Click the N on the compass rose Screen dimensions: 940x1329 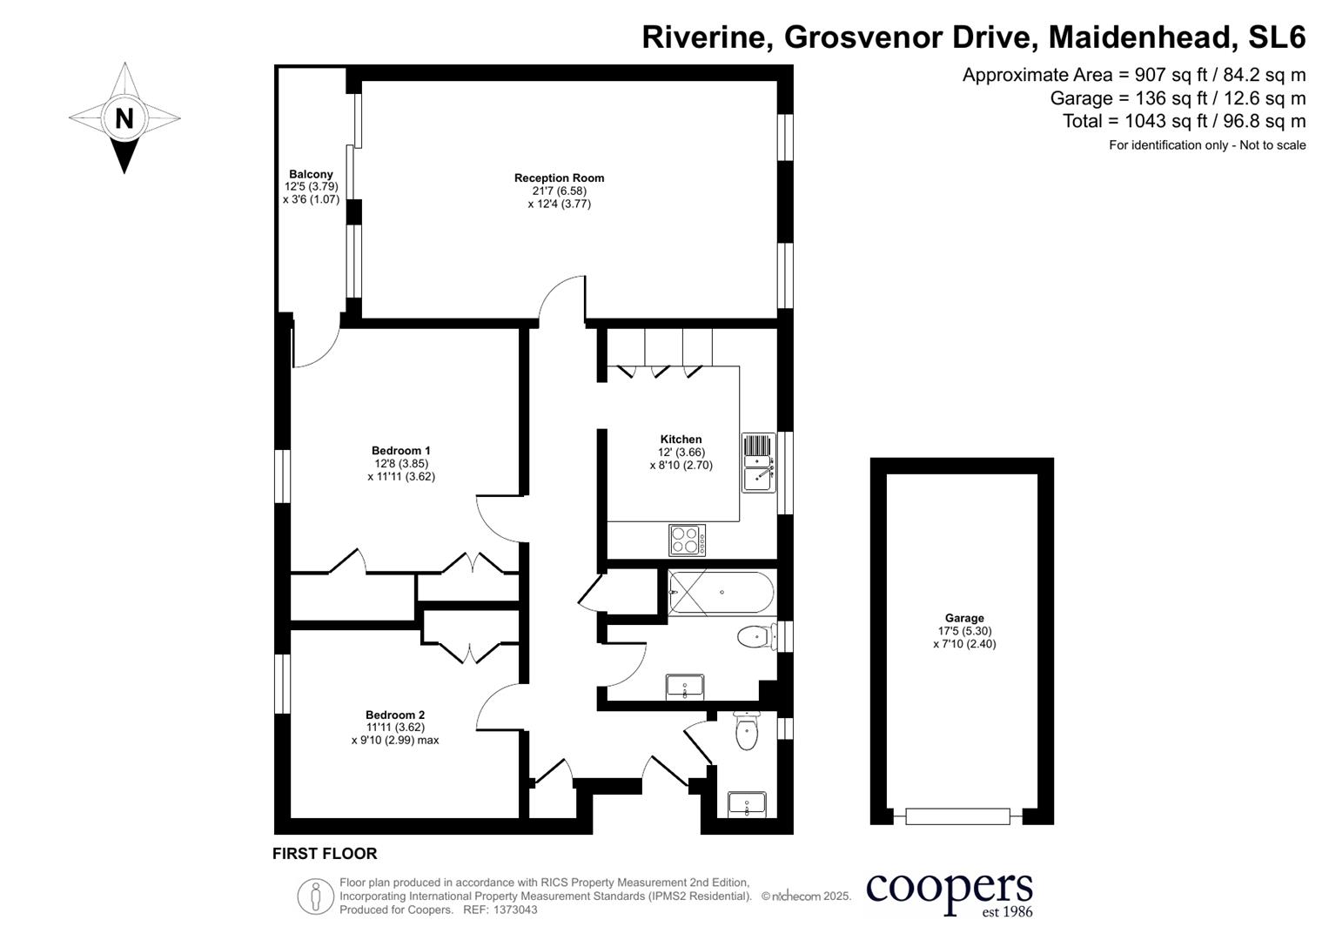124,117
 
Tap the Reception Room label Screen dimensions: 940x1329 559,178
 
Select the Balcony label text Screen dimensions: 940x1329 311,174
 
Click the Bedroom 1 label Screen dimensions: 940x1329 400,451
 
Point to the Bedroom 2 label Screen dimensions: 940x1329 395,715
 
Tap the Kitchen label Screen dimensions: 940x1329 681,440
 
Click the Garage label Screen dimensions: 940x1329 964,618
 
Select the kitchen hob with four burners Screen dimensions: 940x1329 688,540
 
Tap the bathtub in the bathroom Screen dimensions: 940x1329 721,593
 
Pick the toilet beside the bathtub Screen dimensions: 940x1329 755,637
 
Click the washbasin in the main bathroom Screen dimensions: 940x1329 685,687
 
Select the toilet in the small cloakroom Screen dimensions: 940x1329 747,732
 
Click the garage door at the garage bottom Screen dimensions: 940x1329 957,816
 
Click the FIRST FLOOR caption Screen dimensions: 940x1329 325,854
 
